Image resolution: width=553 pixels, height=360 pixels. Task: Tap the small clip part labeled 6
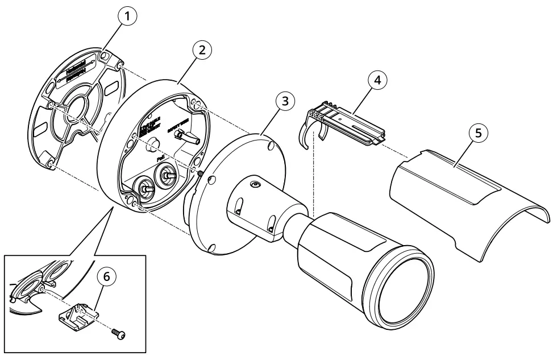[x=80, y=316]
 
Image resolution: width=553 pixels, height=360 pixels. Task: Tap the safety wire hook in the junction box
[x=185, y=136]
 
